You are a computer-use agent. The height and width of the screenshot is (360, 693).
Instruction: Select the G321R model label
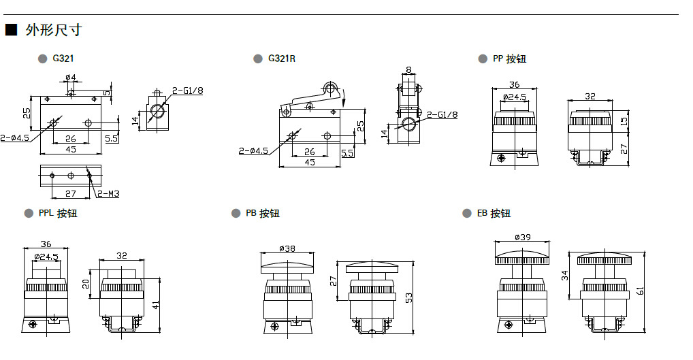click(x=282, y=59)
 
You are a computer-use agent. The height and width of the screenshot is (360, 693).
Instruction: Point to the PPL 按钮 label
click(x=58, y=213)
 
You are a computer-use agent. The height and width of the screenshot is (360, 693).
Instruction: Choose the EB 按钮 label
click(x=494, y=213)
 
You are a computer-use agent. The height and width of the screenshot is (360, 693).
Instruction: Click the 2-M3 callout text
click(x=108, y=194)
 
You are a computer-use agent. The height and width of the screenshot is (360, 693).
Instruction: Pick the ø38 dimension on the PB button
click(x=287, y=248)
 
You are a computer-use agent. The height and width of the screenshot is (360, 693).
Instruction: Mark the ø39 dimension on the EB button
click(x=523, y=237)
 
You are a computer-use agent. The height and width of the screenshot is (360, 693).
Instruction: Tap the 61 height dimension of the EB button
click(x=641, y=291)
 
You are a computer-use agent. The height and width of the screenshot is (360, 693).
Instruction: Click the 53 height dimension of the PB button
click(x=409, y=298)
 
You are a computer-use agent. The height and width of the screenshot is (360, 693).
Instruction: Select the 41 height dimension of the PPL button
click(x=156, y=305)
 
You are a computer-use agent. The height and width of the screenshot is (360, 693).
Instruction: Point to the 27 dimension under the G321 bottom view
click(x=71, y=194)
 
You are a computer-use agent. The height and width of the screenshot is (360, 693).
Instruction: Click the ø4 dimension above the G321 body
click(x=71, y=77)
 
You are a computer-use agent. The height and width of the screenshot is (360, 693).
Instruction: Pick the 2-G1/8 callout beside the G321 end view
click(x=187, y=91)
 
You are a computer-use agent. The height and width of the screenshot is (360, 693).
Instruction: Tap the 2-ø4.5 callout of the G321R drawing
click(x=253, y=151)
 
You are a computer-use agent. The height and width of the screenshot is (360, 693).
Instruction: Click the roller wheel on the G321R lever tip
click(x=331, y=89)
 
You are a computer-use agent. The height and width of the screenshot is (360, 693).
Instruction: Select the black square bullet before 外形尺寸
click(x=10, y=31)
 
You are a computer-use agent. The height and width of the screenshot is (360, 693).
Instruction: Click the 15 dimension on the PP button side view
click(x=624, y=120)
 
